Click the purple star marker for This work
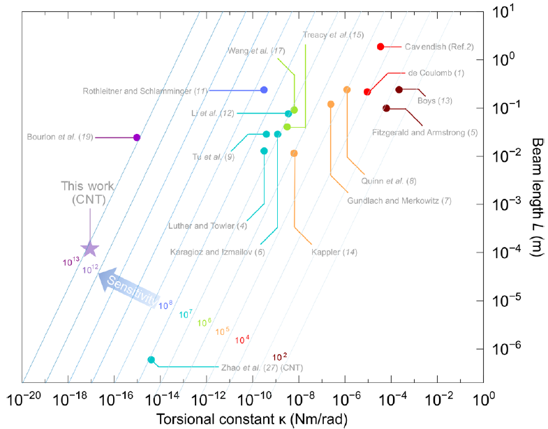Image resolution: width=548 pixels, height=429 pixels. click(89, 249)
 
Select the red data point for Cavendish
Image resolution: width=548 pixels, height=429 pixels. click(380, 47)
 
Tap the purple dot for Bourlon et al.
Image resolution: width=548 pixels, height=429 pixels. click(137, 137)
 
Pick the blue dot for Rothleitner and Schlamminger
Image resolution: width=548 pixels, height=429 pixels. click(264, 90)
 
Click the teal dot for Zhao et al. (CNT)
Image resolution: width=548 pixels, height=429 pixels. click(151, 360)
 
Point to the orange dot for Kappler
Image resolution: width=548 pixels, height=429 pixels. click(294, 153)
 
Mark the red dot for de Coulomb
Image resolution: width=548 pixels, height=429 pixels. click(367, 92)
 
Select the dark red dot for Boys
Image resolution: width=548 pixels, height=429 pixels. click(399, 90)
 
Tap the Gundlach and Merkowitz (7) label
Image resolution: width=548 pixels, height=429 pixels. click(399, 201)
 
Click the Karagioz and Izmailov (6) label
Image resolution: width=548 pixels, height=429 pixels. click(218, 251)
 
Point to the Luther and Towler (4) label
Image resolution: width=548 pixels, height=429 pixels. click(207, 225)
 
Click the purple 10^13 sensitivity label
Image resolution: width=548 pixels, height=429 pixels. click(71, 262)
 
